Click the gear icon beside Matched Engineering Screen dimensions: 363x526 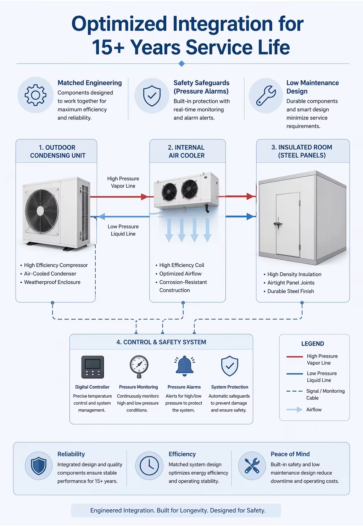[35, 95]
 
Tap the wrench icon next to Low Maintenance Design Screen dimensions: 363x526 [266, 95]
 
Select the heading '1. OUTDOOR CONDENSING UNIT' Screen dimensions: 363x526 [57, 151]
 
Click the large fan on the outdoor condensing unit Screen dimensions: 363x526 [41, 211]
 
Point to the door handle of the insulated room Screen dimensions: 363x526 [278, 224]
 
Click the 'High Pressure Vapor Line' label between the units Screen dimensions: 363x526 [123, 182]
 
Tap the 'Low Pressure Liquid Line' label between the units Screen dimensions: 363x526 [123, 230]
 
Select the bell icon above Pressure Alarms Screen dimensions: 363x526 [184, 366]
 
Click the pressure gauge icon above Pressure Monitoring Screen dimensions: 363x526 [139, 367]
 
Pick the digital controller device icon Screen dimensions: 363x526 [93, 367]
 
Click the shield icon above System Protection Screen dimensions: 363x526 [229, 366]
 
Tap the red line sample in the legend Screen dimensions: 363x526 [295, 357]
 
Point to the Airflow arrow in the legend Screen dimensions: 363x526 [295, 410]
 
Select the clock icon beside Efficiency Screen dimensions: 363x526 [149, 466]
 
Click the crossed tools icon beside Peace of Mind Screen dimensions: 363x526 [252, 465]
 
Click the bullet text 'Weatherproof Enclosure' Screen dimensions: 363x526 [52, 282]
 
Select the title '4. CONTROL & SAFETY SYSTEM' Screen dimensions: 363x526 [161, 342]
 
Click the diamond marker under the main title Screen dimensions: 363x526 [181, 63]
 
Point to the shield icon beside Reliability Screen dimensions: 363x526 [39, 466]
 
